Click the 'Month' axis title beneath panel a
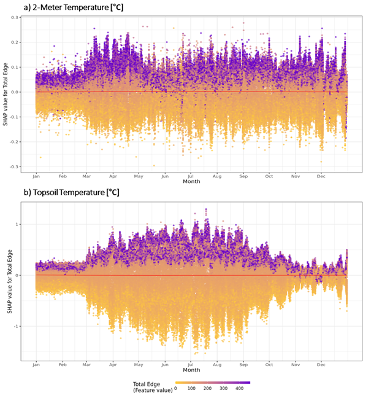click(191, 182)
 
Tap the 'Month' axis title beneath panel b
click(191, 370)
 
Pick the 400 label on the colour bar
click(240, 388)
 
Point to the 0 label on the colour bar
click(176, 388)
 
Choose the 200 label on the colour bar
click(208, 388)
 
